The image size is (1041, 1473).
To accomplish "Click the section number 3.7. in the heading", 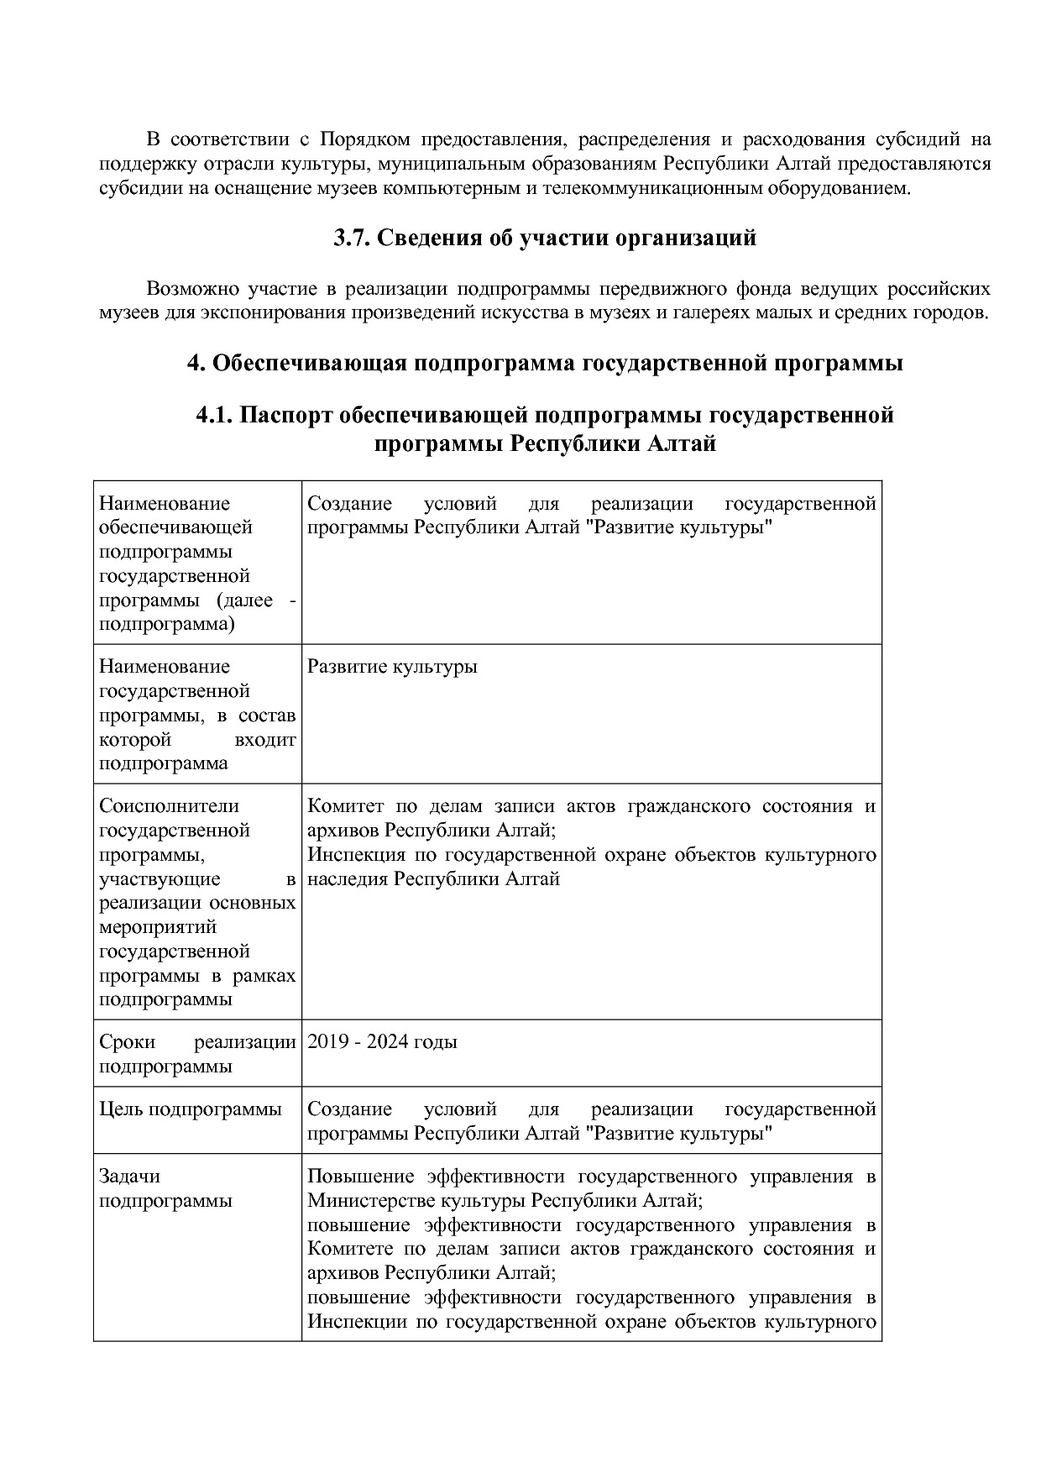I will (351, 239).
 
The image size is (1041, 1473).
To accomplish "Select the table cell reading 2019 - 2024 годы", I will (382, 1042).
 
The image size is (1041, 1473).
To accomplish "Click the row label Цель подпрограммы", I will (190, 1109).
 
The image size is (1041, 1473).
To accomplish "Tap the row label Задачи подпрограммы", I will (165, 1188).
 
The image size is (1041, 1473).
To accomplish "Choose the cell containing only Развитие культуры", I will (392, 667).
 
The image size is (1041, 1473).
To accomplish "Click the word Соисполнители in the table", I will (169, 806).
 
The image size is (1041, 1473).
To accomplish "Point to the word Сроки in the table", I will (128, 1042).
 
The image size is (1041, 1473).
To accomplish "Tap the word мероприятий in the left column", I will (158, 927).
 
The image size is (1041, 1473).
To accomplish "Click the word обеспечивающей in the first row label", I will (175, 527).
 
